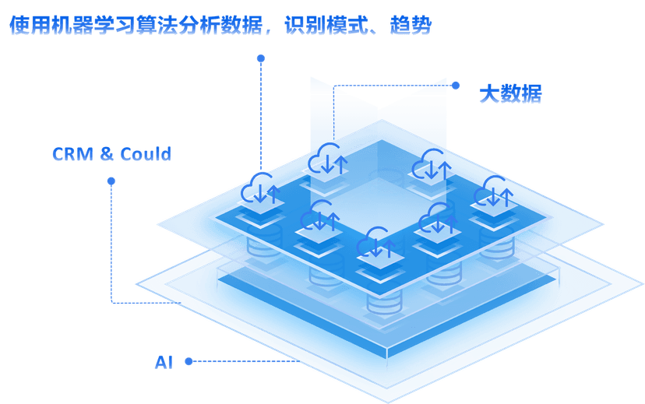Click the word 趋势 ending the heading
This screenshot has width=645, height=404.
point(411,26)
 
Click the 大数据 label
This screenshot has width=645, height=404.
point(509,94)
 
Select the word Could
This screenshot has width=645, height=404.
point(145,154)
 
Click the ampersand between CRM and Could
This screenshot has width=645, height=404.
point(107,154)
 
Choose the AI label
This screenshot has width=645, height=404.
point(164,362)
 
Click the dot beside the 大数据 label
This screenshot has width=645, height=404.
point(456,86)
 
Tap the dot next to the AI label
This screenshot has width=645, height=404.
point(188,361)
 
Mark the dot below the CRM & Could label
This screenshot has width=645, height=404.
point(111,181)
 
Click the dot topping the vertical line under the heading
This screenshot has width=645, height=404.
point(261,58)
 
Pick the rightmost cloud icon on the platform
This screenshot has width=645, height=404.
point(496,190)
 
